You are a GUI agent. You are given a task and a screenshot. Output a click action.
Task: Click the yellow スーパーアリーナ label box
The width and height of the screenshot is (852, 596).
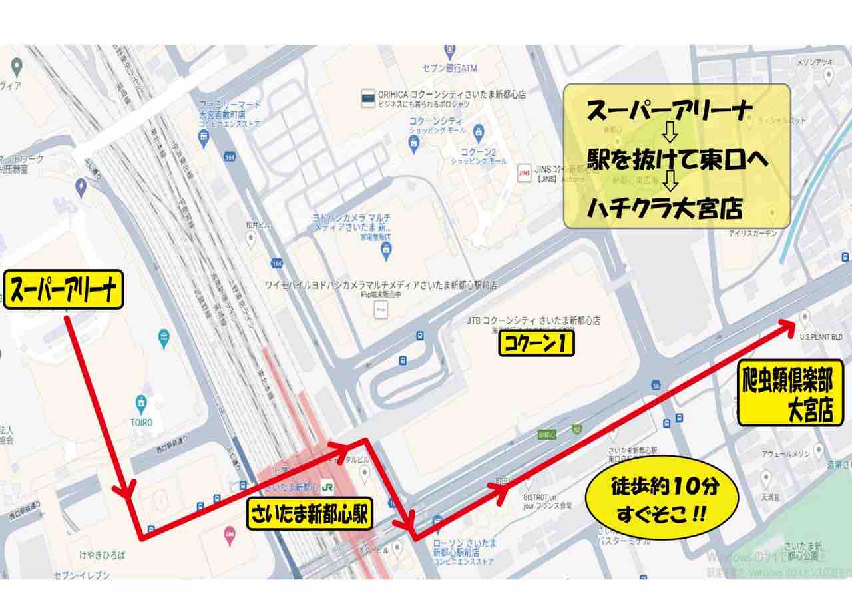(65, 290)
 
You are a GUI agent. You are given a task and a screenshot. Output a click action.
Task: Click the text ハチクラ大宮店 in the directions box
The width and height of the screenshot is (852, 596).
(664, 210)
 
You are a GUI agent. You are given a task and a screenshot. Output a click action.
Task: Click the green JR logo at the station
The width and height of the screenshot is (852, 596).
(327, 487)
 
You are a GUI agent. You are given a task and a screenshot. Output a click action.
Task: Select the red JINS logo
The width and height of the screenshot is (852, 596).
(523, 172)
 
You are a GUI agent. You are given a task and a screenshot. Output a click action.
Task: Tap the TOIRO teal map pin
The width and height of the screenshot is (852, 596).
(141, 403)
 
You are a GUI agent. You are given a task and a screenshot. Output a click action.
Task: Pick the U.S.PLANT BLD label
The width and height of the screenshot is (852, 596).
(821, 338)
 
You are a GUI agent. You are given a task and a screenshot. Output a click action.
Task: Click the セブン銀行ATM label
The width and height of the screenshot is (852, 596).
(450, 67)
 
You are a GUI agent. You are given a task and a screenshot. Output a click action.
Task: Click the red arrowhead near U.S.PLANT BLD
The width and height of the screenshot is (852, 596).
(786, 324)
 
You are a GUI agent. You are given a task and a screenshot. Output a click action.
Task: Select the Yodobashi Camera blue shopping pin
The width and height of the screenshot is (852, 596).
(385, 250)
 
